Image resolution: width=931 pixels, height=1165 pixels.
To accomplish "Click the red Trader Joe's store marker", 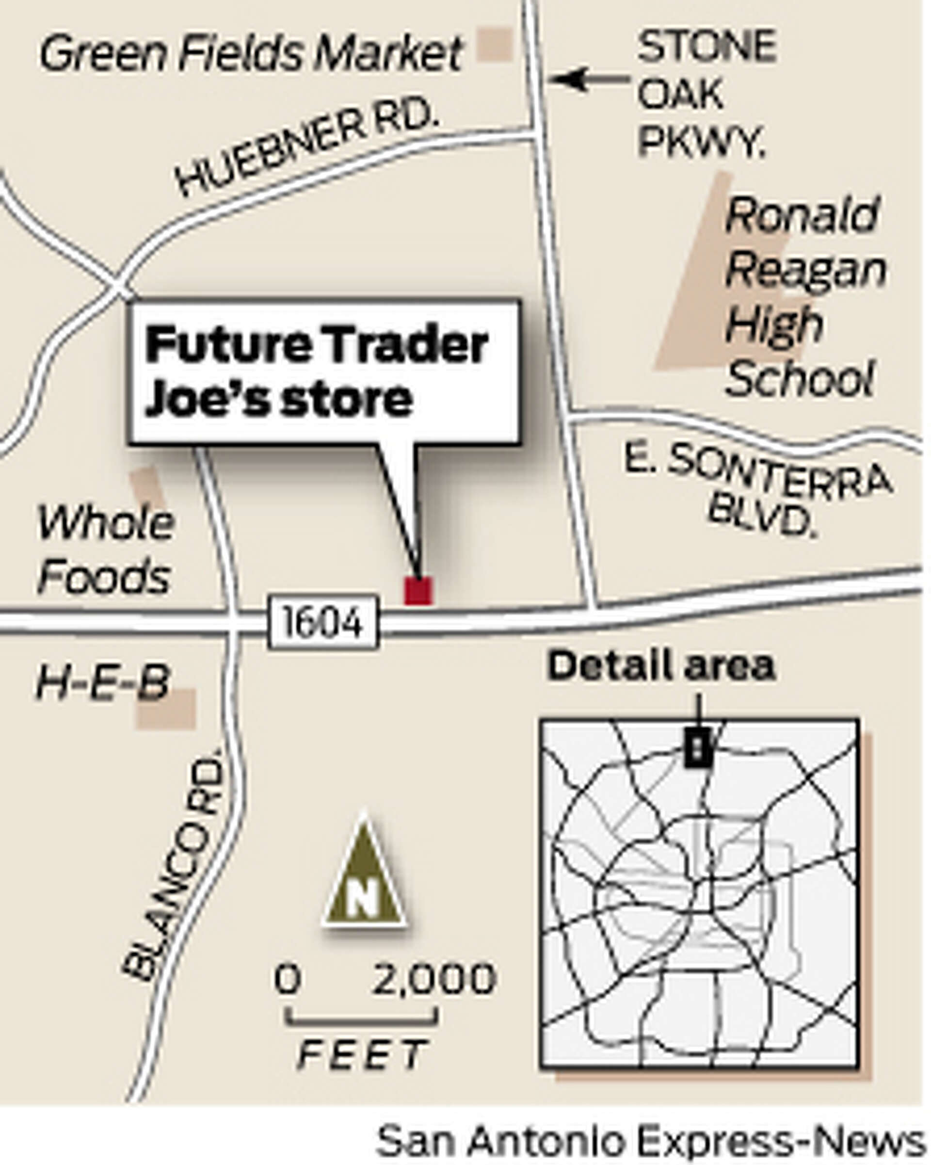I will pyautogui.click(x=418, y=591).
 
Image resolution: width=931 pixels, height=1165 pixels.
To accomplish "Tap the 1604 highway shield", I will pyautogui.click(x=323, y=622).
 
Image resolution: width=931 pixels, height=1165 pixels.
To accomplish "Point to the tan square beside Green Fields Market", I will pyautogui.click(x=494, y=44).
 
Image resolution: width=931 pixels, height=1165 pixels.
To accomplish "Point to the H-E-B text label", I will pyautogui.click(x=103, y=682).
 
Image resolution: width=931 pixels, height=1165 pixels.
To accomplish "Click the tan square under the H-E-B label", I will pyautogui.click(x=166, y=710).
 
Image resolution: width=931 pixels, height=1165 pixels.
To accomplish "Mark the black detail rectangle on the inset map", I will pyautogui.click(x=698, y=747).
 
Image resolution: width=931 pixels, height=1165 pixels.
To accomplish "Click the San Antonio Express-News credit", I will pyautogui.click(x=650, y=1141).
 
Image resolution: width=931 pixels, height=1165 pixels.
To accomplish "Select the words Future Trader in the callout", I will pyautogui.click(x=316, y=345).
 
